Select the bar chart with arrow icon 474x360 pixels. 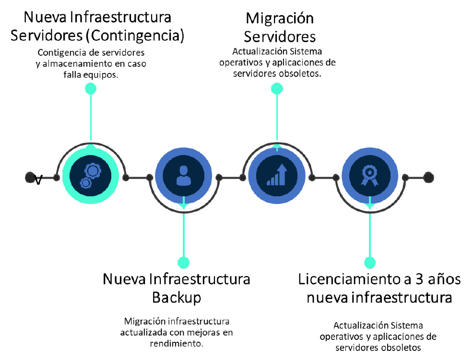tap(276, 175)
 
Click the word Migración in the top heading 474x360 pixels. tap(280, 19)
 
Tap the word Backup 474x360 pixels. tap(176, 297)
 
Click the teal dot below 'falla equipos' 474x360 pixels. tap(90, 88)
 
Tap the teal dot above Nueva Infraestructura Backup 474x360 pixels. tap(183, 262)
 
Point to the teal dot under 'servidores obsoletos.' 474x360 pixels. tap(276, 88)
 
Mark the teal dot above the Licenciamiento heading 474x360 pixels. tap(369, 262)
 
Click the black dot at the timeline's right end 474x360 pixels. tap(428, 177)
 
